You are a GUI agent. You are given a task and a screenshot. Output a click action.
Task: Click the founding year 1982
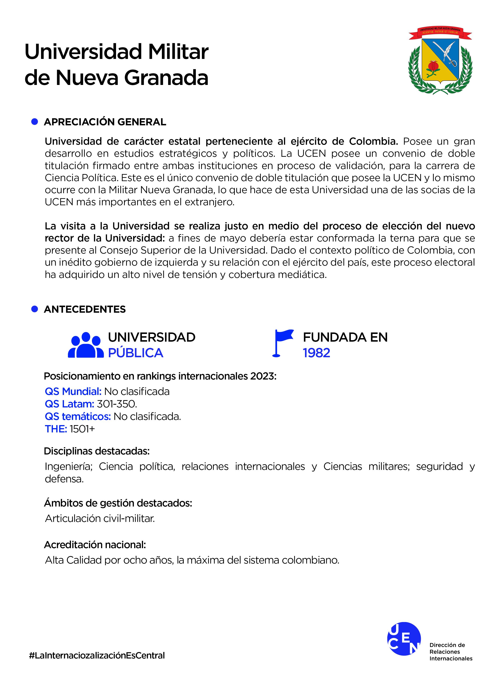coord(316,353)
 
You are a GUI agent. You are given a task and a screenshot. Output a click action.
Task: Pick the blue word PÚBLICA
coord(136,353)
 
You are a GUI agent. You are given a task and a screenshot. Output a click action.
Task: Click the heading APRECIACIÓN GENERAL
coord(105,122)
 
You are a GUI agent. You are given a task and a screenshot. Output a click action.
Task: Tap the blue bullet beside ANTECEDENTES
coord(35,309)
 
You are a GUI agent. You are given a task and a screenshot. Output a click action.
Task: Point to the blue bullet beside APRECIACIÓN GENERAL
coord(35,122)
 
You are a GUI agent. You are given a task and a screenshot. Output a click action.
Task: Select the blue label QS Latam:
coord(69,404)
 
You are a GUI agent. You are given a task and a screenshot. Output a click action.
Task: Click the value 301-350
coord(117,404)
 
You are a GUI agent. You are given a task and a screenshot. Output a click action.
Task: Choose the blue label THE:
coord(56,429)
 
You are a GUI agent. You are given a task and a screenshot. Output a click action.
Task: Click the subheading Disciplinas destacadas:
coord(97,451)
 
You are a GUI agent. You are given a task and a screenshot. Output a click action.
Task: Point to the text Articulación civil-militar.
coord(100,518)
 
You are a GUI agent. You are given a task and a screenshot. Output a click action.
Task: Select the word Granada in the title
coord(166,77)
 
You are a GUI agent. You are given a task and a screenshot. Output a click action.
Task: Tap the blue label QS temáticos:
coord(78,417)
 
